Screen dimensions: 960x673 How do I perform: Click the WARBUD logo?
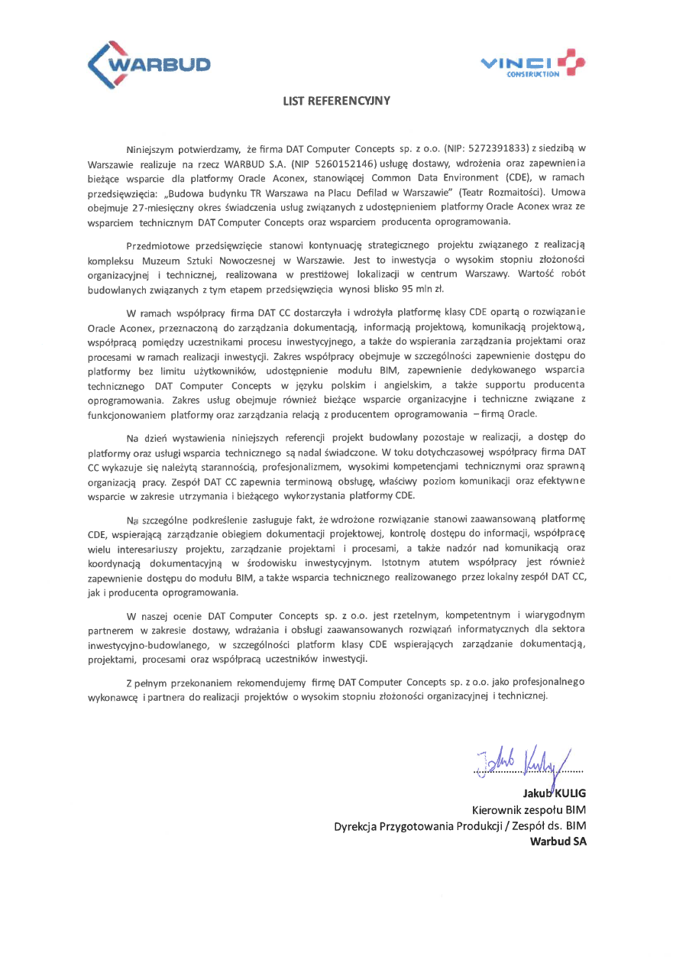tap(149, 63)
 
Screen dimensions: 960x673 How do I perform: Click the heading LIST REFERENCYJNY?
tap(336, 100)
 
